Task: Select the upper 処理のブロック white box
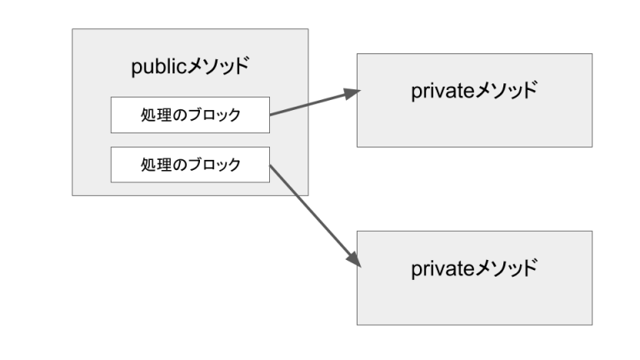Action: (190, 115)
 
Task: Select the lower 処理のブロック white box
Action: (190, 164)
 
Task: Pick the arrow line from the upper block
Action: (308, 105)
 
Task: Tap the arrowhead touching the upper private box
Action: (351, 93)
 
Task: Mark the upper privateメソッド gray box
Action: (474, 125)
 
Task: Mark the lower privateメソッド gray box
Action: (474, 302)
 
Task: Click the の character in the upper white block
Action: (177, 115)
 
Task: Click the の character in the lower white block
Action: (177, 164)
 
